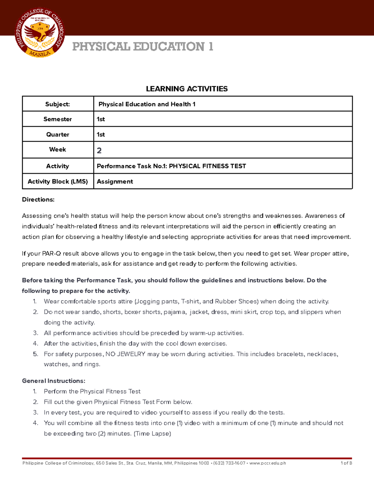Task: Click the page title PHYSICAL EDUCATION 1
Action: [x=143, y=47]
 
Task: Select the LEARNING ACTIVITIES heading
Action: [x=187, y=89]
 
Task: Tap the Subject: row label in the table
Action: [x=58, y=104]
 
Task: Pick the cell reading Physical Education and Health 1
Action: [x=147, y=104]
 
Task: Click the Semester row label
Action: [x=58, y=119]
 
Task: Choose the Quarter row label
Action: [x=58, y=134]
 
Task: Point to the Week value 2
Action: [x=99, y=151]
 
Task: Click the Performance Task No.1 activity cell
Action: [x=171, y=166]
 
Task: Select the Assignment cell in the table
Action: [x=115, y=182]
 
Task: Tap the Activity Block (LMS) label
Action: [x=58, y=182]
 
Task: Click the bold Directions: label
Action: [x=38, y=200]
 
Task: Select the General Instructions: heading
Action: [x=54, y=381]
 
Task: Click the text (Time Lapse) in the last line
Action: [x=152, y=434]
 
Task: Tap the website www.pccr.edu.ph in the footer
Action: [x=267, y=463]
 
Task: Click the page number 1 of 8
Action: [x=346, y=463]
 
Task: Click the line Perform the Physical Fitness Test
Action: [x=92, y=391]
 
